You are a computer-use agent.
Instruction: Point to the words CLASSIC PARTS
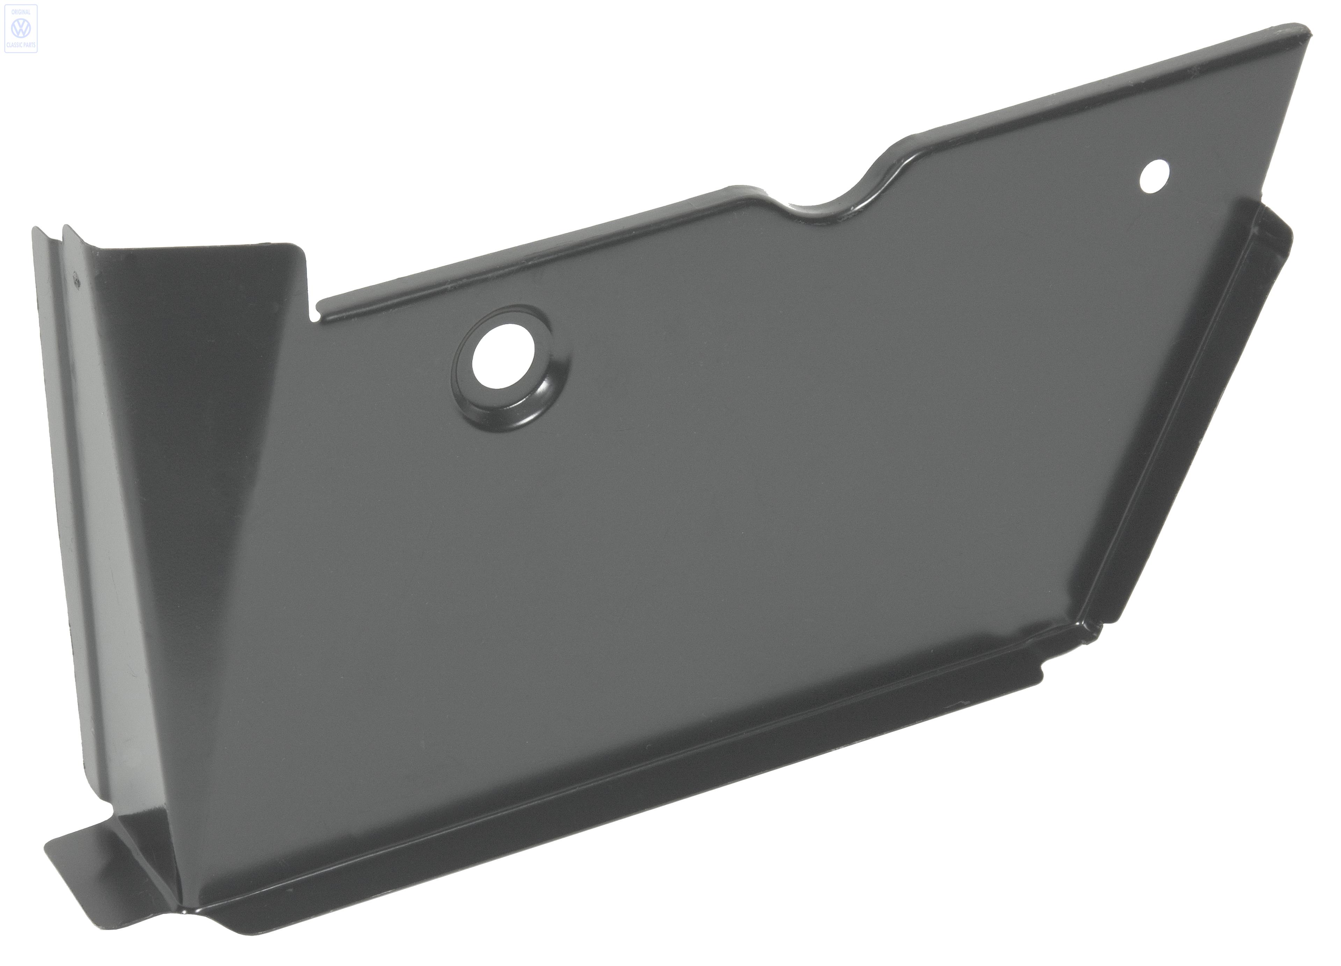(21, 45)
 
